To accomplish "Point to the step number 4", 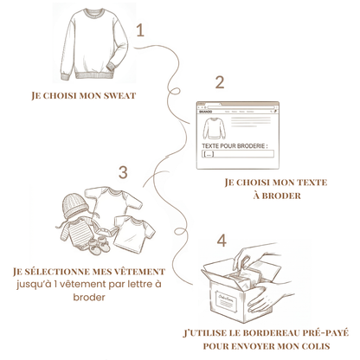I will (x=222, y=240).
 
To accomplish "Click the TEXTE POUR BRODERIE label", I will (x=234, y=146).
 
